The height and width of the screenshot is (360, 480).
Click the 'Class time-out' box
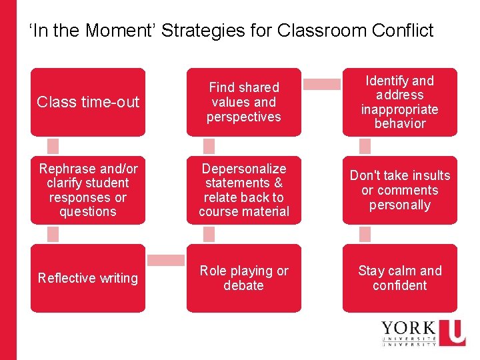tap(88, 102)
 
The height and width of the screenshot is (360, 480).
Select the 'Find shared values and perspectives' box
tap(243, 102)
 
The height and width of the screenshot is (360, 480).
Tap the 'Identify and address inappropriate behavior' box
tap(399, 102)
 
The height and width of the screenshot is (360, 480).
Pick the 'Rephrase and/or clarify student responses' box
tap(88, 190)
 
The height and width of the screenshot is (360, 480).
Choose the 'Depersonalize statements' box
tap(243, 190)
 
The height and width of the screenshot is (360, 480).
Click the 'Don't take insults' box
tap(399, 190)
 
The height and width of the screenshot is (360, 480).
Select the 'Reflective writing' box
tap(88, 278)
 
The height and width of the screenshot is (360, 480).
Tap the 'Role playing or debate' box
tap(243, 278)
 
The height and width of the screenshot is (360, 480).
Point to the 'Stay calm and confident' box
tap(399, 278)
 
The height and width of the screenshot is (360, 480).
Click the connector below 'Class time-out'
tap(53, 146)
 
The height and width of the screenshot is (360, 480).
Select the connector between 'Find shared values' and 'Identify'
tap(322, 84)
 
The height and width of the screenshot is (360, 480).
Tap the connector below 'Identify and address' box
tap(365, 146)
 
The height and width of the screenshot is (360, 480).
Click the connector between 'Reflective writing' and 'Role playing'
tap(166, 260)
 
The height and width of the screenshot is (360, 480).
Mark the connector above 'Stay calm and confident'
tap(365, 234)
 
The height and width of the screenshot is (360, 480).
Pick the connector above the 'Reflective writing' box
tap(53, 234)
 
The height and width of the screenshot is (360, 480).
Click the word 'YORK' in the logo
tap(409, 329)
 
